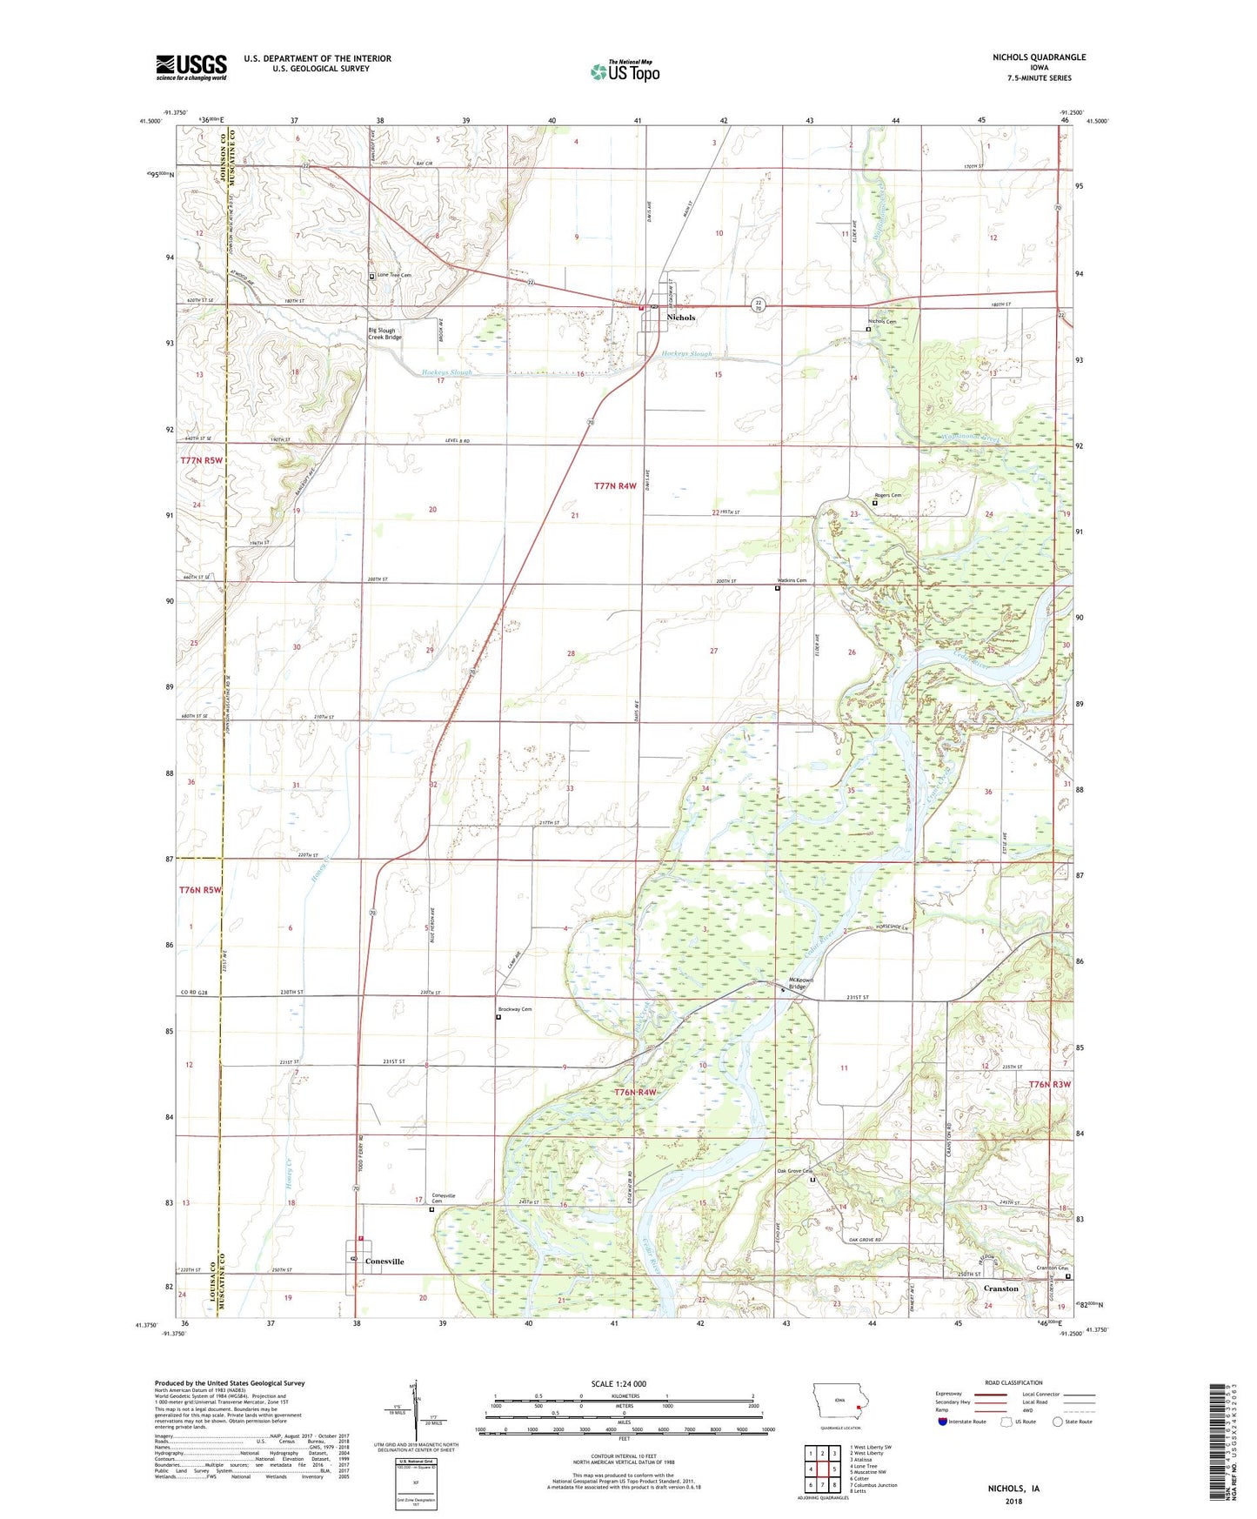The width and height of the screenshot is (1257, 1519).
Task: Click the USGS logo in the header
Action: tap(191, 67)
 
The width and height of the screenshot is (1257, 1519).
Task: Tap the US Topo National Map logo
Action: tap(625, 71)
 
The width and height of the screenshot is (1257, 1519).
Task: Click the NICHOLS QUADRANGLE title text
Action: tap(1039, 57)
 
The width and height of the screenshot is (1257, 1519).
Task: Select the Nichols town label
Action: tap(680, 318)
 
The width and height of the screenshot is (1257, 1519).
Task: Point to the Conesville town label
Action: tap(384, 1261)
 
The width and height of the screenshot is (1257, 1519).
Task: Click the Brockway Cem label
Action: tap(514, 1009)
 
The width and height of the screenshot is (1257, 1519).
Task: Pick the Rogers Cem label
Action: tap(887, 496)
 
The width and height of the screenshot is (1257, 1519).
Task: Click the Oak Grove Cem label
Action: tap(794, 1171)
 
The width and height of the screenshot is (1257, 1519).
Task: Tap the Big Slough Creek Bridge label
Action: tap(384, 333)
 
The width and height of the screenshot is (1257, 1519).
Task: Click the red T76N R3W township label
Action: tap(1049, 1085)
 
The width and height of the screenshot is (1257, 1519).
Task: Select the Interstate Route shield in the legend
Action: tap(944, 1422)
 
